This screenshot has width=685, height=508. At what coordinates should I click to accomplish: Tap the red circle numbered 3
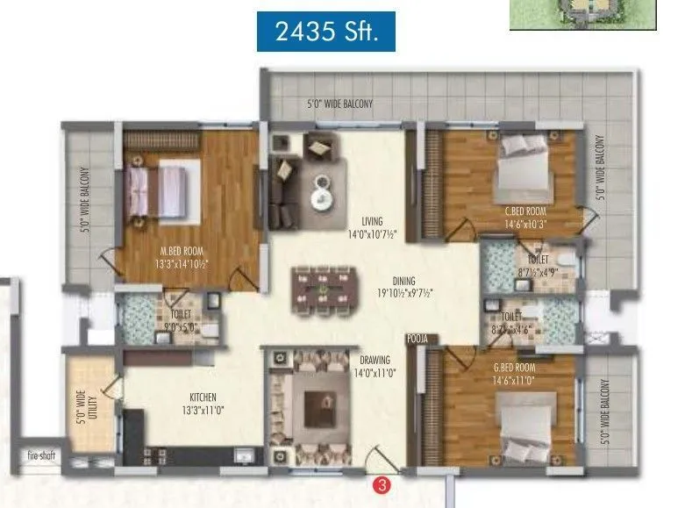382,483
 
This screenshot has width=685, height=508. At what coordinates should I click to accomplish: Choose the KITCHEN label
200,397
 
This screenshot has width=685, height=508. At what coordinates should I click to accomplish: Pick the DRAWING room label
375,360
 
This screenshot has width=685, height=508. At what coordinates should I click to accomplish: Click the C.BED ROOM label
525,211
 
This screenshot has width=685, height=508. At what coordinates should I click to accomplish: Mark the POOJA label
416,338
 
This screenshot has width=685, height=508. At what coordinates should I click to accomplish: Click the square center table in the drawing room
315,408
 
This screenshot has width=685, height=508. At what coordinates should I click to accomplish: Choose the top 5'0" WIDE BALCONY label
339,104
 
